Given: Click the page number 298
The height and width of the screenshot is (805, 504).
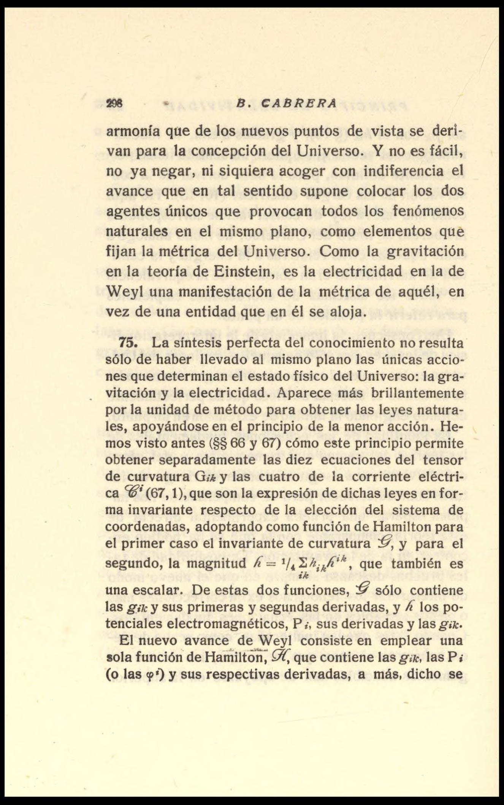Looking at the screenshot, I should point(113,104).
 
